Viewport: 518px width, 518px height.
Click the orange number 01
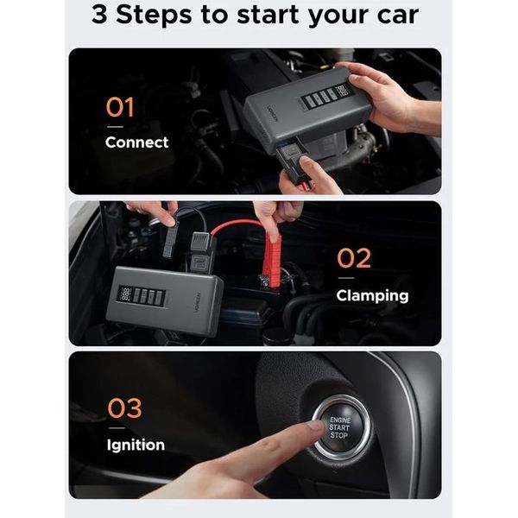coord(120,107)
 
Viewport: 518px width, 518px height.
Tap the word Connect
coord(136,142)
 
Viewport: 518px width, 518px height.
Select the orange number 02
coord(354,258)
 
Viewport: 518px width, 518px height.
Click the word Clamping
coord(372,296)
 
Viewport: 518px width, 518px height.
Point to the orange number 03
coord(125,408)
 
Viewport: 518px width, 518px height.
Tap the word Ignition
coord(136,445)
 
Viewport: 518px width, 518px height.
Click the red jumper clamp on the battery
coord(272,261)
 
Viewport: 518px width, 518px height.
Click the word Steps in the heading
coord(154,16)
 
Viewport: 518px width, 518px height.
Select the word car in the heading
coord(398,16)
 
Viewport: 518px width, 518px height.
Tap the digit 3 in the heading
coord(99,15)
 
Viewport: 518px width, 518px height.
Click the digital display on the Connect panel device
coord(342,91)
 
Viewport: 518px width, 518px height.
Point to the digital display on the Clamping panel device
coord(126,294)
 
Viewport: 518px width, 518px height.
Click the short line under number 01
coord(115,127)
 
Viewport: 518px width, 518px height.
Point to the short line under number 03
coord(117,428)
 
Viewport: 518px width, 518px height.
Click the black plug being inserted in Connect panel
coord(292,161)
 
